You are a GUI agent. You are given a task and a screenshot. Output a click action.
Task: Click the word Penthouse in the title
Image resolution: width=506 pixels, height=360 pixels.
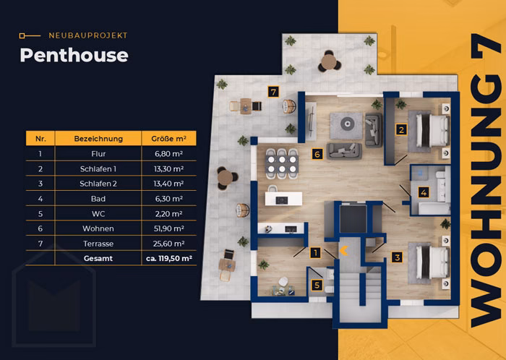click(x=74, y=56)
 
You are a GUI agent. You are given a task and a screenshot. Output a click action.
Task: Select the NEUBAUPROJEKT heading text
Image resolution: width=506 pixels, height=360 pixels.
click(x=88, y=35)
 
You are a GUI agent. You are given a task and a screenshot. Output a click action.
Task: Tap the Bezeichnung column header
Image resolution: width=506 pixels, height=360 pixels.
click(x=98, y=139)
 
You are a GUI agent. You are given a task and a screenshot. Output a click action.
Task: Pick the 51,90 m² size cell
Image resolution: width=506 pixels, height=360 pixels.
click(x=168, y=228)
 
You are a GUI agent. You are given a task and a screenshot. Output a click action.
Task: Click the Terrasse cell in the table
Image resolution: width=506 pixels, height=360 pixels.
click(x=98, y=244)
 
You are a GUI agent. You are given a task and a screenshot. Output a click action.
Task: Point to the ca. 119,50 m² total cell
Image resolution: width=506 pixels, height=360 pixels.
click(x=168, y=258)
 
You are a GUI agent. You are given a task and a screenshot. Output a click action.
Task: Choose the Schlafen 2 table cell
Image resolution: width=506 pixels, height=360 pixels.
click(x=98, y=184)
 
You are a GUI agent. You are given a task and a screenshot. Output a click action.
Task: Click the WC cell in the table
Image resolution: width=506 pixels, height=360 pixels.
click(x=98, y=213)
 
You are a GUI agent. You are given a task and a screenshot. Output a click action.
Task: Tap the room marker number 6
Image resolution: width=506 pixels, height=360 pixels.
click(x=317, y=154)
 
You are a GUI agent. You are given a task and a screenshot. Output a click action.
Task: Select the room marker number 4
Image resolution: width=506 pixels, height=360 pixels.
click(x=424, y=192)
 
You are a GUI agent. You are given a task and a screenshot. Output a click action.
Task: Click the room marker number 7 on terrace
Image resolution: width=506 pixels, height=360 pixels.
click(x=273, y=92)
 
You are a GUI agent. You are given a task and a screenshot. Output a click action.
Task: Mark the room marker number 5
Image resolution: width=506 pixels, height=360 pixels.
click(x=317, y=285)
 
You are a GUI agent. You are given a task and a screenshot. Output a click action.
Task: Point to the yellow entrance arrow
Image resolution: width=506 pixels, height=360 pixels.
click(x=343, y=250)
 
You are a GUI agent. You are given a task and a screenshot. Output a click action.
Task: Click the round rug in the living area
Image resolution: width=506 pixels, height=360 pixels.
click(x=347, y=124)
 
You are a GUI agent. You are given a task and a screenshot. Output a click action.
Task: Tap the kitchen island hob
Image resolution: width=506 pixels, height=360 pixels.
click(x=282, y=200)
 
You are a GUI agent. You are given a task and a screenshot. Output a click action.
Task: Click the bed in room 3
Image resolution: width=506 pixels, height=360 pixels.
click(x=432, y=262)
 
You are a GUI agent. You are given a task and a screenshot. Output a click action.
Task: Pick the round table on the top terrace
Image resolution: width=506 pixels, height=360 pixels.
click(x=328, y=62)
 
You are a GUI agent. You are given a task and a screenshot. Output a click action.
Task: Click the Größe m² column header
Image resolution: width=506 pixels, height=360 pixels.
click(x=168, y=139)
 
